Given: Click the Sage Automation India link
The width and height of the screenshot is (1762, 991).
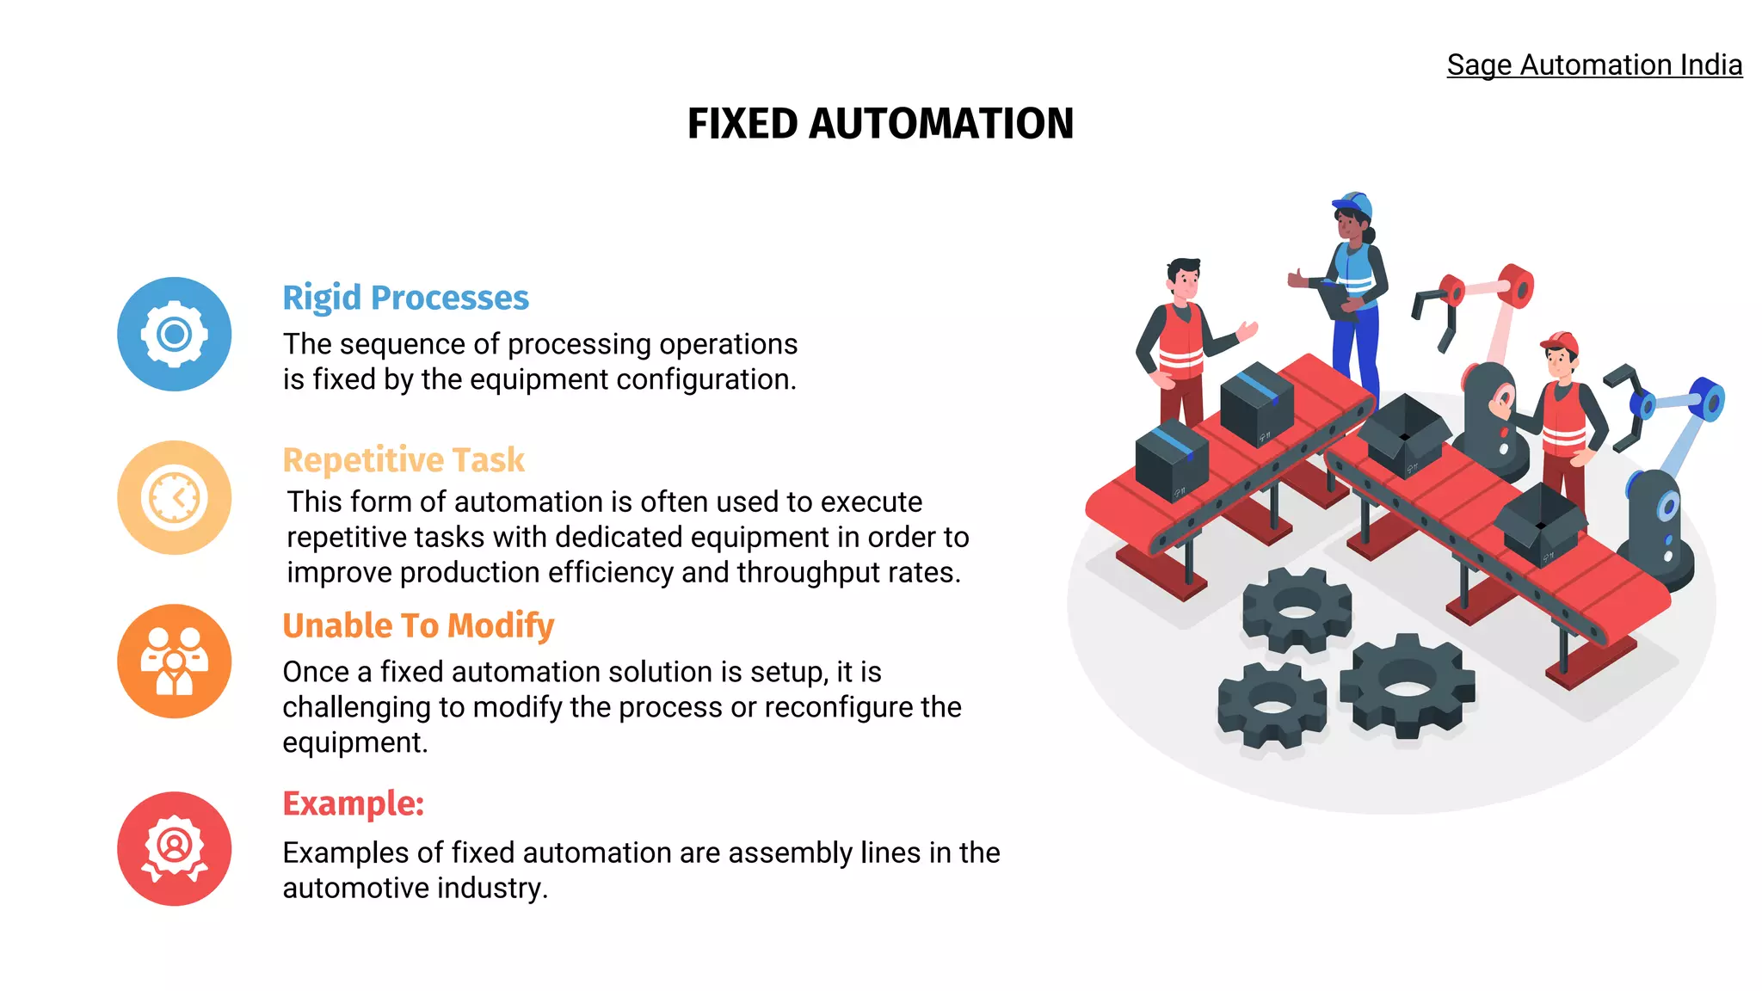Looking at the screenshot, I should point(1593,65).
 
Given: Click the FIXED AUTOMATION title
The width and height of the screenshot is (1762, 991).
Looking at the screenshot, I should point(880,124).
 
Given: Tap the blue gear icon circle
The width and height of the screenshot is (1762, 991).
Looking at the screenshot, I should point(175,334).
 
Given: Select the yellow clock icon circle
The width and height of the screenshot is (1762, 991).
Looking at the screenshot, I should point(175,497).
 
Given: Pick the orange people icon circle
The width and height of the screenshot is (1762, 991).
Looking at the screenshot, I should point(175,661).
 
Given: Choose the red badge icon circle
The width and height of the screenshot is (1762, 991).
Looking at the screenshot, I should point(175,848).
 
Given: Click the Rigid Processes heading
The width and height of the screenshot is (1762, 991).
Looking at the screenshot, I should point(405,298).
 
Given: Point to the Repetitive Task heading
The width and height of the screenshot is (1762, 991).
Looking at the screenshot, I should point(403,460).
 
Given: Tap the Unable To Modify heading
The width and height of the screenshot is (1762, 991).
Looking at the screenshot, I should point(418,625).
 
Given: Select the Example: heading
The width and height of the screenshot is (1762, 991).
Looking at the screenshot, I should point(353,803).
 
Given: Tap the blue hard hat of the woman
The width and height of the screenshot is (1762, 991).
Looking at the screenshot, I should point(1353,205).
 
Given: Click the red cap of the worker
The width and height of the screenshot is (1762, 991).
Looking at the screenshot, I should point(1559,342).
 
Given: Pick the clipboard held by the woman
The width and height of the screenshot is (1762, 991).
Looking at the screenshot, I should point(1336,298).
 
